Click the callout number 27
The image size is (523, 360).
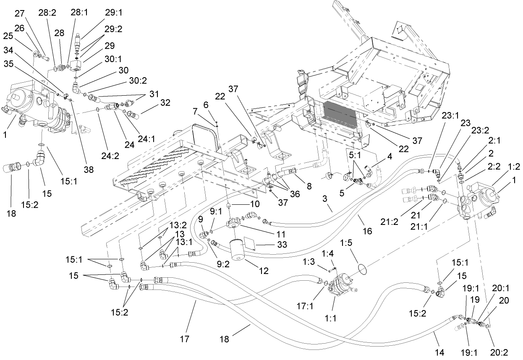pyautogui.click(x=20, y=13)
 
